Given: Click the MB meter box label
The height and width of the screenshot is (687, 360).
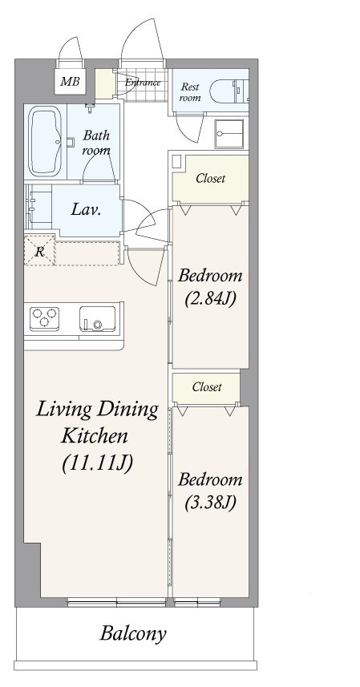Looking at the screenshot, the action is tap(70, 81).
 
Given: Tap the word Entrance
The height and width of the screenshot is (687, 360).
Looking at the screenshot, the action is tap(143, 83).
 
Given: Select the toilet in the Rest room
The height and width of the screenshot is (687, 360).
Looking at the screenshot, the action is tap(229, 91).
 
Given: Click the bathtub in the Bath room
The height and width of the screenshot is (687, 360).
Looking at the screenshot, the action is tap(45, 143).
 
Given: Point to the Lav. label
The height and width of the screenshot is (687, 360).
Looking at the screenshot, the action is tap(87, 210).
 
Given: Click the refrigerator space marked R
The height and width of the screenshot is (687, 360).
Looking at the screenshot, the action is tap(39, 251).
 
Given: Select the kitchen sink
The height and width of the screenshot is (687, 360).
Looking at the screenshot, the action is tap(97, 319).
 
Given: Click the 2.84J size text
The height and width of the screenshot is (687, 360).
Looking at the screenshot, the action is tap(210, 299).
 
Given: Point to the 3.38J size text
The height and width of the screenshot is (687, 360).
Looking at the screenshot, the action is tap(210, 503).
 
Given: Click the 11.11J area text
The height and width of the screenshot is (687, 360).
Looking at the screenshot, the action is tap(97, 463).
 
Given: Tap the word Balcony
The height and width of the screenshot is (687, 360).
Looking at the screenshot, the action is tap(133, 633).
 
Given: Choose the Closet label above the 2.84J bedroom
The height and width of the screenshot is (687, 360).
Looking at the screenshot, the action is tap(211, 178).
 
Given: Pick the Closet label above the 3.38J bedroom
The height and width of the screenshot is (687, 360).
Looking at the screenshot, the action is tap(207, 387).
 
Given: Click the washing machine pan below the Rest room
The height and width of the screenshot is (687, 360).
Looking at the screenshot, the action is tap(229, 134).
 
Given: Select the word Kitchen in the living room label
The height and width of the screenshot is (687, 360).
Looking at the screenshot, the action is tap(95, 436).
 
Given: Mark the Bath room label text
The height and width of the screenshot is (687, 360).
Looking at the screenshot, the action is tap(96, 143).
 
